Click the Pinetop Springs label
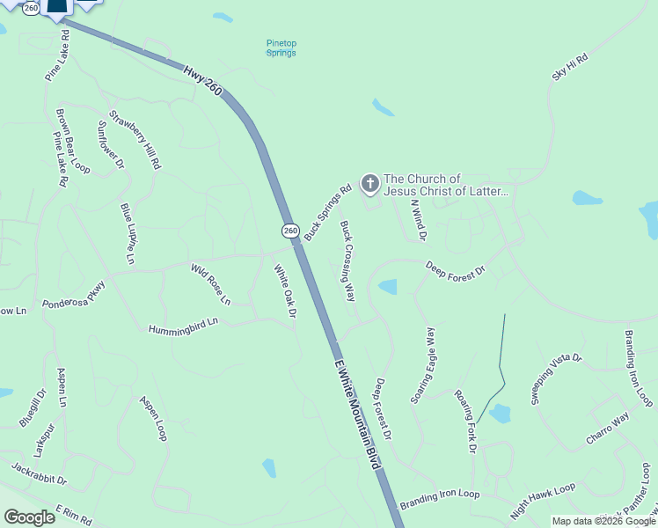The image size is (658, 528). [x=281, y=48]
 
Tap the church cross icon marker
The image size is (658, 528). [x=370, y=184]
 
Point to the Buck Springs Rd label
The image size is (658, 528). [x=327, y=211]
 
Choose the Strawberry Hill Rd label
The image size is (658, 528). [x=135, y=139]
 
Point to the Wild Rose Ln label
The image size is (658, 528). [x=211, y=284]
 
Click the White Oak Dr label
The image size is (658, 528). [x=283, y=292]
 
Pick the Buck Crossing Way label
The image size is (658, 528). [x=347, y=261]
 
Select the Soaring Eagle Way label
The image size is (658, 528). [x=423, y=365]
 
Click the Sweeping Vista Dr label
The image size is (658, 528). [x=556, y=379]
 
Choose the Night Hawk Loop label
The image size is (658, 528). [x=543, y=499]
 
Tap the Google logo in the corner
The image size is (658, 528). [x=30, y=517]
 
